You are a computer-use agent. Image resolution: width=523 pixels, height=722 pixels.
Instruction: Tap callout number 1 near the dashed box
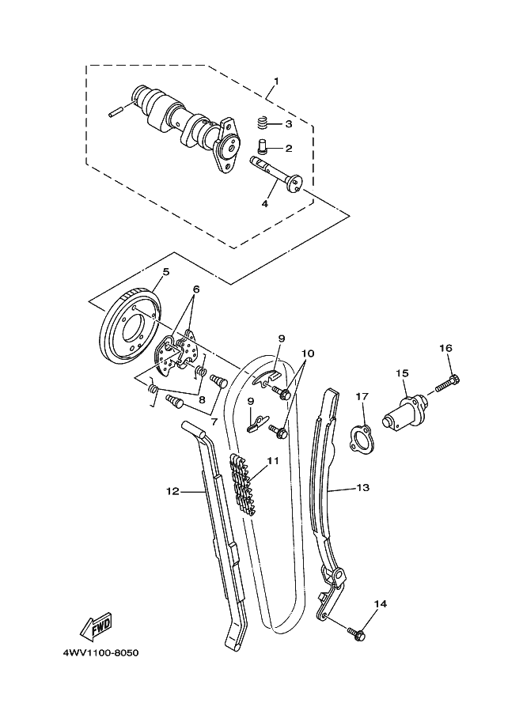(276, 81)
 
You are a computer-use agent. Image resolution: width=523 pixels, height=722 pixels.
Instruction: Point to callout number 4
(264, 203)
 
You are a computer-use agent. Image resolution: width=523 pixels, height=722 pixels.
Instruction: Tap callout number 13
(362, 488)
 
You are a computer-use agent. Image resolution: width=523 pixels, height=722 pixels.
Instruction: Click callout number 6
(196, 289)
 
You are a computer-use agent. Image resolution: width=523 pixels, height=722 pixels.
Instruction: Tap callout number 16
(445, 348)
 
